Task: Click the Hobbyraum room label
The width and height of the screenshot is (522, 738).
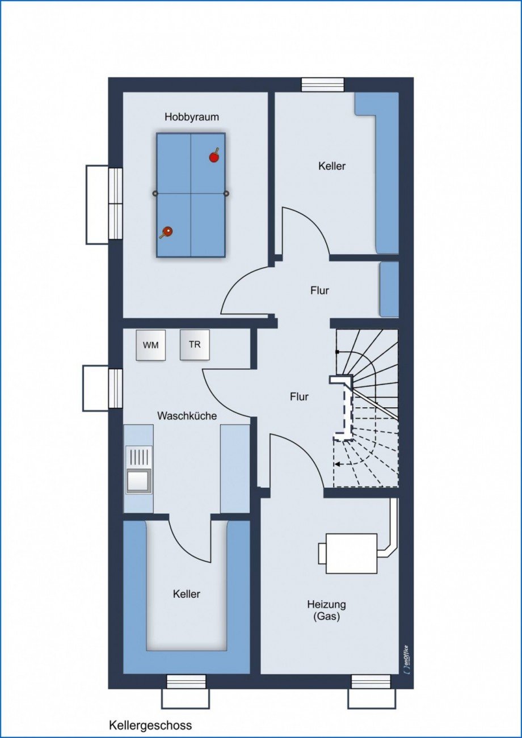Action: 192,117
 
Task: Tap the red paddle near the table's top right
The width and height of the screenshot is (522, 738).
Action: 214,157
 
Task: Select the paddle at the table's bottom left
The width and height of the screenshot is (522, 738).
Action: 166,232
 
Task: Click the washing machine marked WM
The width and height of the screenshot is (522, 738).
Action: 150,345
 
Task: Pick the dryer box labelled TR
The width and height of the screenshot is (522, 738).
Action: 195,345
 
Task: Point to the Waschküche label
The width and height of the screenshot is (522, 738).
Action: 187,416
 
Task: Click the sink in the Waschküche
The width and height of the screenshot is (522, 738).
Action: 139,470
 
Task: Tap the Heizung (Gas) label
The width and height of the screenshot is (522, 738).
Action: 326,610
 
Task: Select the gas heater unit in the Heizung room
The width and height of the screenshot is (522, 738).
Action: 348,554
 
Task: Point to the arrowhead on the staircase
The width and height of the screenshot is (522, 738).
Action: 337,464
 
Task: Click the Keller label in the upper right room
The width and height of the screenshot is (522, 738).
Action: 332,166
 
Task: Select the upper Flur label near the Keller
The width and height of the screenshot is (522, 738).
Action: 319,290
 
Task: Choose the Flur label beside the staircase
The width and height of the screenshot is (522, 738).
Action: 299,397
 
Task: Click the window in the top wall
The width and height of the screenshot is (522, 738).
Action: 323,85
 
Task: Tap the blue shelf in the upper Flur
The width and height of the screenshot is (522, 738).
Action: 389,289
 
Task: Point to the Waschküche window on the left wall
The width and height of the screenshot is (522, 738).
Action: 116,389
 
